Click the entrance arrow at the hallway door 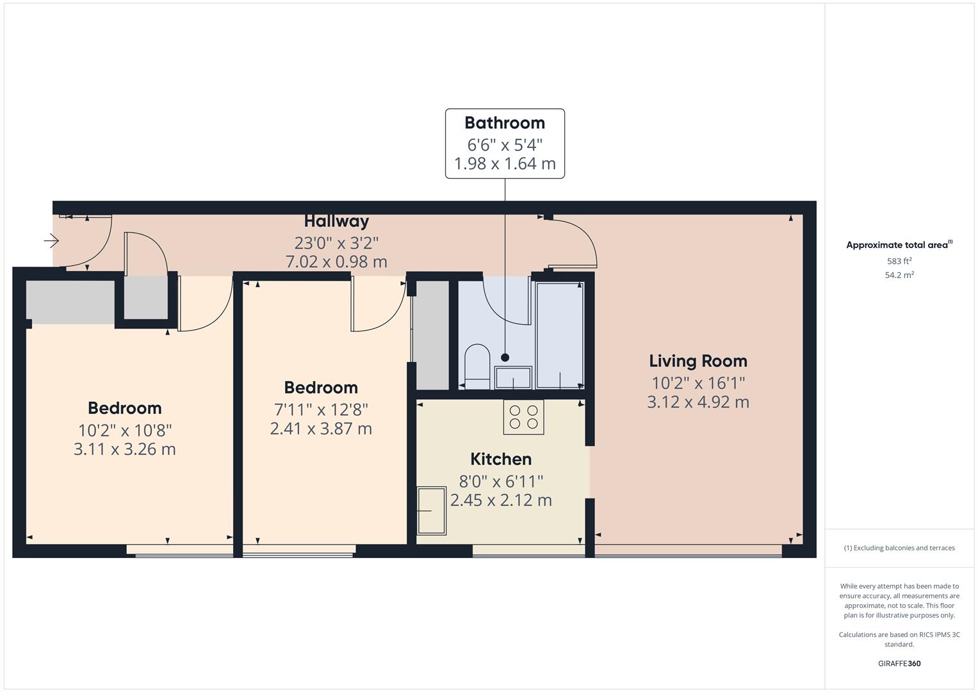point(51,241)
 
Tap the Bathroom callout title point(505,123)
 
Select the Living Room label point(697,361)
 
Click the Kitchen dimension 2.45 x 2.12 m point(501,500)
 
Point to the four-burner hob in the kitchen point(523,417)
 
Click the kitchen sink point(432,511)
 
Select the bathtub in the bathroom point(559,335)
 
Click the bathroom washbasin point(512,378)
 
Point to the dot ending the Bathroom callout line point(505,358)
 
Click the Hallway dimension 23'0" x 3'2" point(336,243)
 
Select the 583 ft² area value point(899,261)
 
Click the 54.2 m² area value point(899,275)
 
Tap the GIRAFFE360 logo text point(899,664)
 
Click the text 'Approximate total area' point(897,245)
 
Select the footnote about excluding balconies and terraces point(899,548)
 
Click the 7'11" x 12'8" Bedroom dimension point(321,409)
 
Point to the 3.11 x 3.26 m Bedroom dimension point(124,449)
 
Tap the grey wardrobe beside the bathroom point(432,335)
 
